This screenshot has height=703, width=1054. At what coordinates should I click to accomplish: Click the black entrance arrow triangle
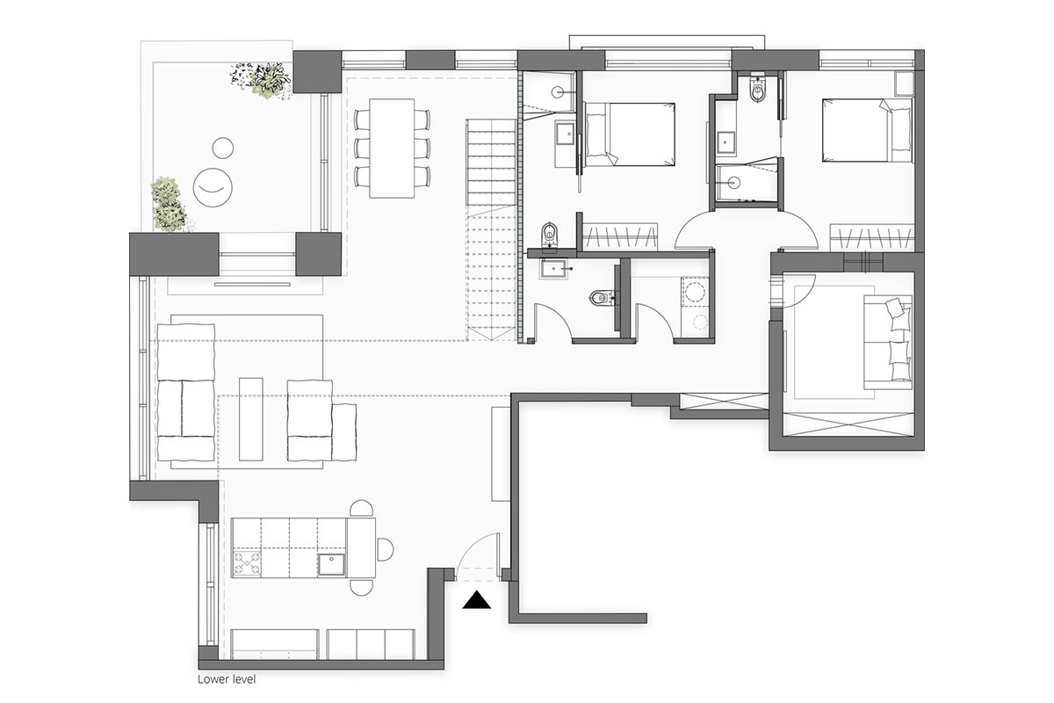tap(476, 600)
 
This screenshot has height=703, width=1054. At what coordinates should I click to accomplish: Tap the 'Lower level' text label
tap(227, 679)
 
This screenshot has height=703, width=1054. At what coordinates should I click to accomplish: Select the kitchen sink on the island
tap(331, 564)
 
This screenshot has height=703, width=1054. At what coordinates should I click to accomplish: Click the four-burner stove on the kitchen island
tap(247, 563)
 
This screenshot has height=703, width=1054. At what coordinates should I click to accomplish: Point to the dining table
tap(392, 148)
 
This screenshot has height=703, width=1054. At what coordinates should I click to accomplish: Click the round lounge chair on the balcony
tap(213, 187)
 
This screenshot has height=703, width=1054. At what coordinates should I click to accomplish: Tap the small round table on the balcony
tap(222, 149)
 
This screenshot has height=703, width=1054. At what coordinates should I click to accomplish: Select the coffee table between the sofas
tap(251, 418)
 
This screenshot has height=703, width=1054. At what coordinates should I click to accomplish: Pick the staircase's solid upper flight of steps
tap(491, 163)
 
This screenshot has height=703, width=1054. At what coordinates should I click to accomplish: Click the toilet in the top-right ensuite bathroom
tap(758, 89)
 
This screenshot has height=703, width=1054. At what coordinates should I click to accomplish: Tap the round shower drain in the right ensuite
tap(733, 182)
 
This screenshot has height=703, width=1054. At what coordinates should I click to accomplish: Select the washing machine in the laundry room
tap(694, 291)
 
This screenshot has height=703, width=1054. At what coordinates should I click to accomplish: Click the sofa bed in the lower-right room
tap(888, 343)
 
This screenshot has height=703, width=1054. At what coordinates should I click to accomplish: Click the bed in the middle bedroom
tap(629, 134)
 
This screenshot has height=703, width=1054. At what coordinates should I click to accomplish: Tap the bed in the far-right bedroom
tap(867, 130)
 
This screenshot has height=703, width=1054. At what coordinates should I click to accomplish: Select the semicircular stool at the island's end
tap(386, 549)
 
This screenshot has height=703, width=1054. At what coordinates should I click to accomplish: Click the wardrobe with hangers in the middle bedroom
tap(620, 236)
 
